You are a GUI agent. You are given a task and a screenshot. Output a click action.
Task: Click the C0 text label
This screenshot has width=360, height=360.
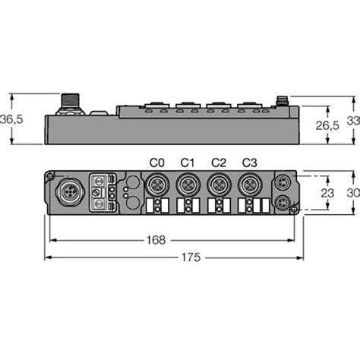(x=157, y=162)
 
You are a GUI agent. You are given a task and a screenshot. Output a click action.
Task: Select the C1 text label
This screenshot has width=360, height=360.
(x=188, y=162)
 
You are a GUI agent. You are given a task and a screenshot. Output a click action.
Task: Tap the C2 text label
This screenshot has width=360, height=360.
(x=218, y=162)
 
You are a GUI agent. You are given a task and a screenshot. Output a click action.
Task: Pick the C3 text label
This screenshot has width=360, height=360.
(x=248, y=162)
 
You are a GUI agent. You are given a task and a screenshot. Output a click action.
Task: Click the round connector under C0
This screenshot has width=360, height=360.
(x=157, y=185)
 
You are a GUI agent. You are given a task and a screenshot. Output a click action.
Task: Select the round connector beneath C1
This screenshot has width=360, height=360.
(x=188, y=185)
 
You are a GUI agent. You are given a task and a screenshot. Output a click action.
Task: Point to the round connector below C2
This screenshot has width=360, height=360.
(x=218, y=185)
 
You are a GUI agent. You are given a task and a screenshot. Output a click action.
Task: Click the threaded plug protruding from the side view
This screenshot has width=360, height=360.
(x=67, y=102)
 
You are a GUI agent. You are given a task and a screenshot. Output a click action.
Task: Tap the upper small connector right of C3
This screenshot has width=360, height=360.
(x=283, y=182)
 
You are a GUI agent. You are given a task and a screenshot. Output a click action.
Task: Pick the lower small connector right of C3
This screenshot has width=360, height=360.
(x=283, y=203)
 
